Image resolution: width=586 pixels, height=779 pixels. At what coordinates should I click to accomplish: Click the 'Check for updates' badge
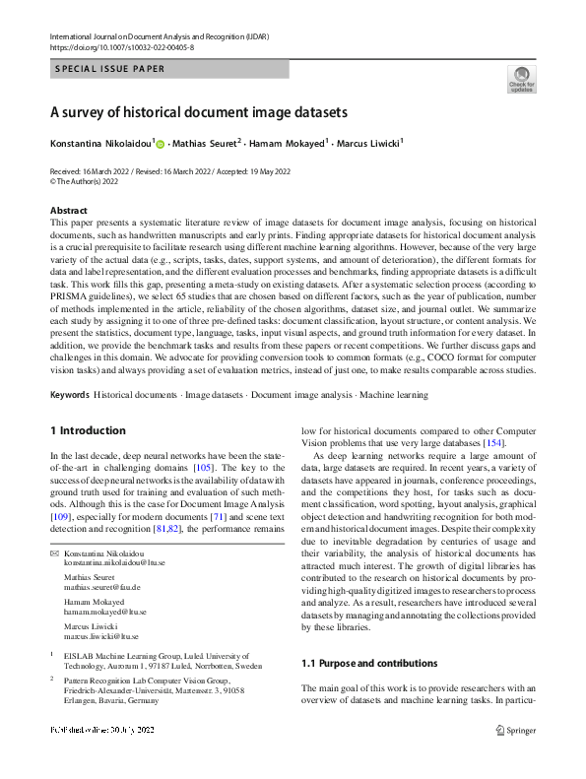pyautogui.click(x=520, y=79)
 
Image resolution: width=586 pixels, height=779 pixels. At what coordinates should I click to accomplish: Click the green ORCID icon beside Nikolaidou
pyautogui.click(x=161, y=144)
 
